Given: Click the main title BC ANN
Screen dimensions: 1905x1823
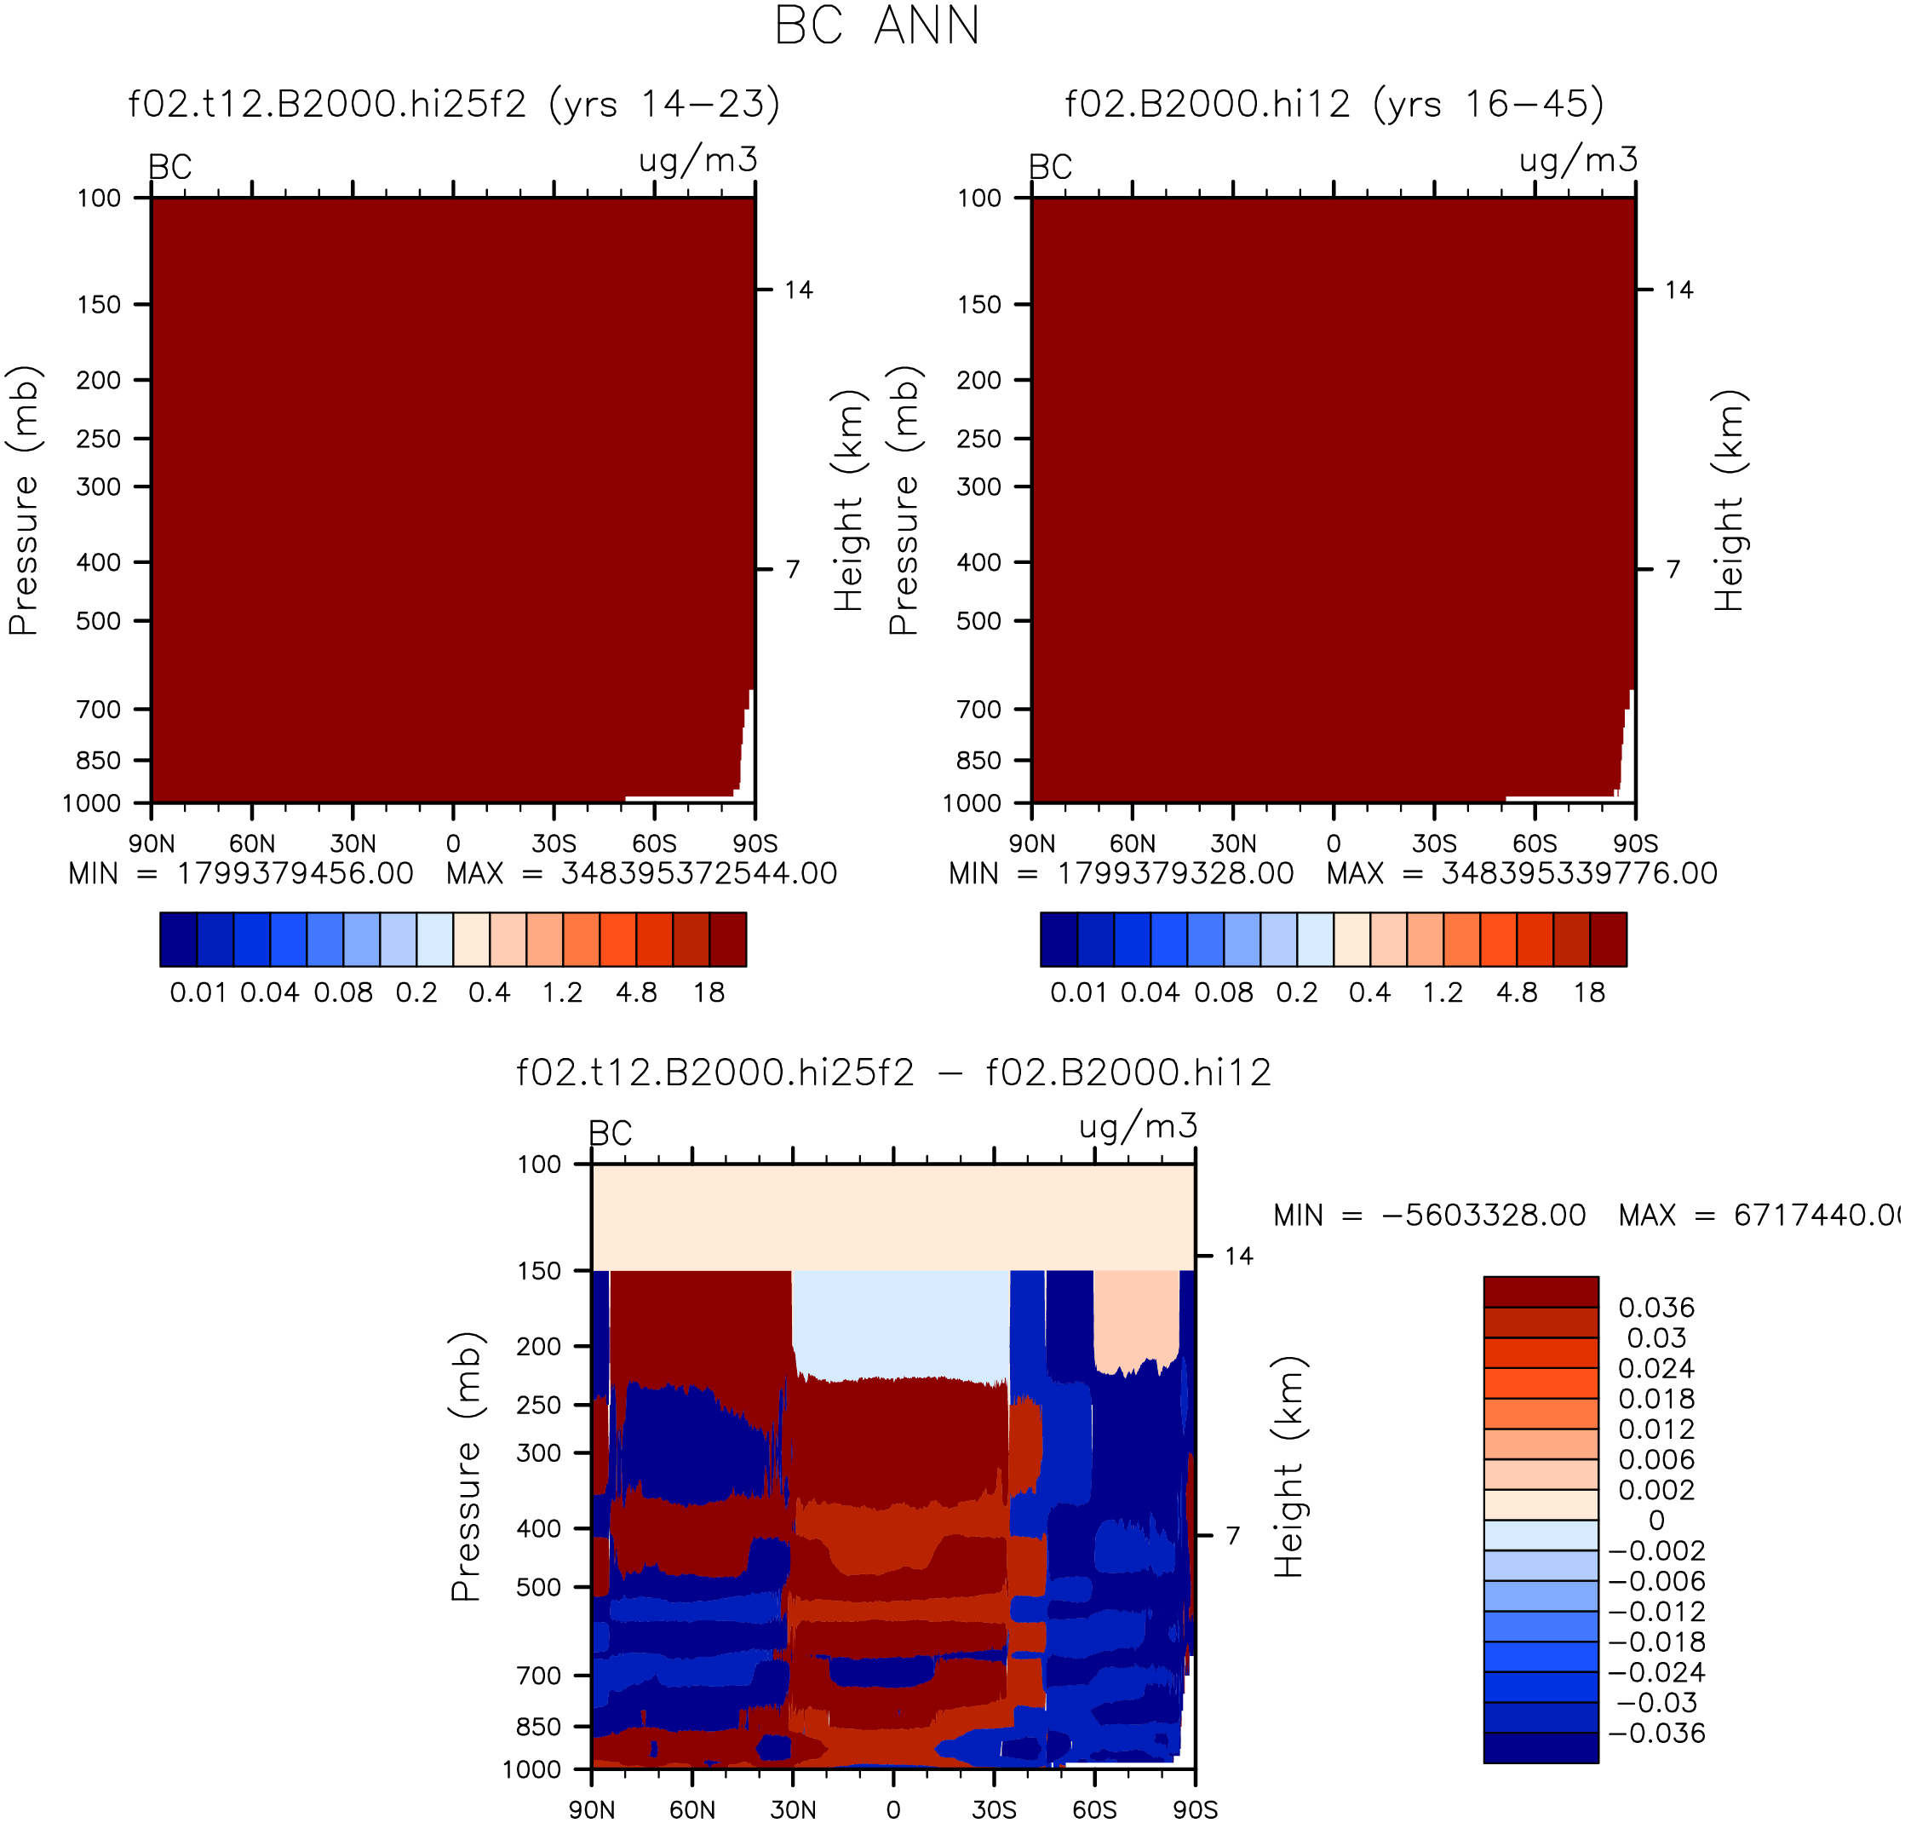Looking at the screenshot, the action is (876, 26).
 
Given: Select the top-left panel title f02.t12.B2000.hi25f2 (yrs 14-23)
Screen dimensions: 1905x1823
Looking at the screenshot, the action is (454, 104).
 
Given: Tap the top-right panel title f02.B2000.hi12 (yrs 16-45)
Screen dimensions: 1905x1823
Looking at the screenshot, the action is (1334, 104).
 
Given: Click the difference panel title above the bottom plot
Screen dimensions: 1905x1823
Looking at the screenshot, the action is (893, 1073).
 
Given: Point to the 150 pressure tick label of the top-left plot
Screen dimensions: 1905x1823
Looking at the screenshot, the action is (99, 305).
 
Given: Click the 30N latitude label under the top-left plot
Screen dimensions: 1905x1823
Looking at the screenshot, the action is (353, 843).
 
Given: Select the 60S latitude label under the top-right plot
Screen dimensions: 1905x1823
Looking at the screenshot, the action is (1535, 843).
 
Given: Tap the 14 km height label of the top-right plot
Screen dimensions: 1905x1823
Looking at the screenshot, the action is (1678, 290).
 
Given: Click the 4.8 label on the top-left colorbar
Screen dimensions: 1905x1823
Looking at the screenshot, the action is (636, 992).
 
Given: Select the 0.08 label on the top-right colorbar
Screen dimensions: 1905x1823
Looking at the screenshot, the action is (1224, 992).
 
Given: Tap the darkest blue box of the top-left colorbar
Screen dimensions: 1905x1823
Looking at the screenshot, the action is (179, 940).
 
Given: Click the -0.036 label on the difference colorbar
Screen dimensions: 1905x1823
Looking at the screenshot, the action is (1657, 1733).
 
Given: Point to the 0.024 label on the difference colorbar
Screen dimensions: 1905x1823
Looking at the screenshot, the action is (1656, 1368).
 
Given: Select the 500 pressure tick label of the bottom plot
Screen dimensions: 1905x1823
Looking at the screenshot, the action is (539, 1587).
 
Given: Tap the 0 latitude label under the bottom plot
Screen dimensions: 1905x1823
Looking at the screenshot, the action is (893, 1809).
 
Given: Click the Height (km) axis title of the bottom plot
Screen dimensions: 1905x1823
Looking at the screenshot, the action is (1288, 1467).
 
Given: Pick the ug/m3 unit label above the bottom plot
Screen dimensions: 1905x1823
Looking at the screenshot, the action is (1139, 1126).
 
